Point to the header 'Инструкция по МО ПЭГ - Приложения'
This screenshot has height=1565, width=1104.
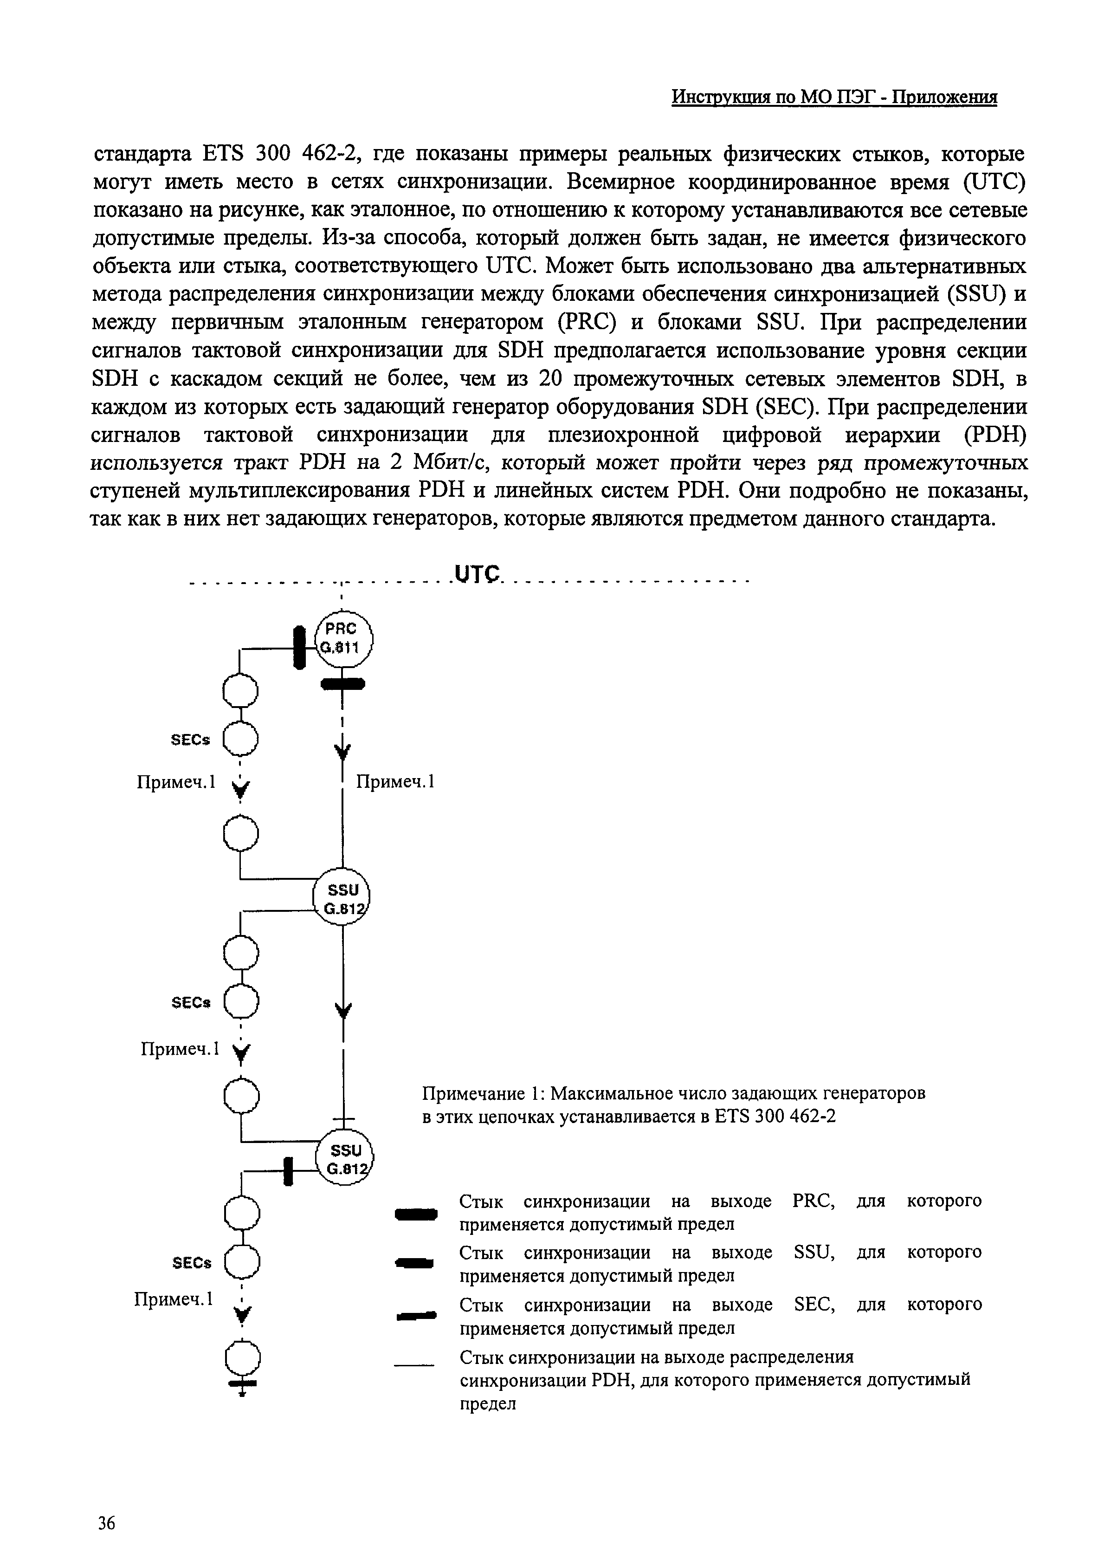click(834, 97)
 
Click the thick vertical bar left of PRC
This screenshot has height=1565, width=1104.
click(298, 648)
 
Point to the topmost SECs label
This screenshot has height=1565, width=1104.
click(191, 740)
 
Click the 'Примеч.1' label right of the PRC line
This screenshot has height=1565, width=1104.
click(396, 781)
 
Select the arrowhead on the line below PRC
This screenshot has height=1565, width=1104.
click(342, 751)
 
